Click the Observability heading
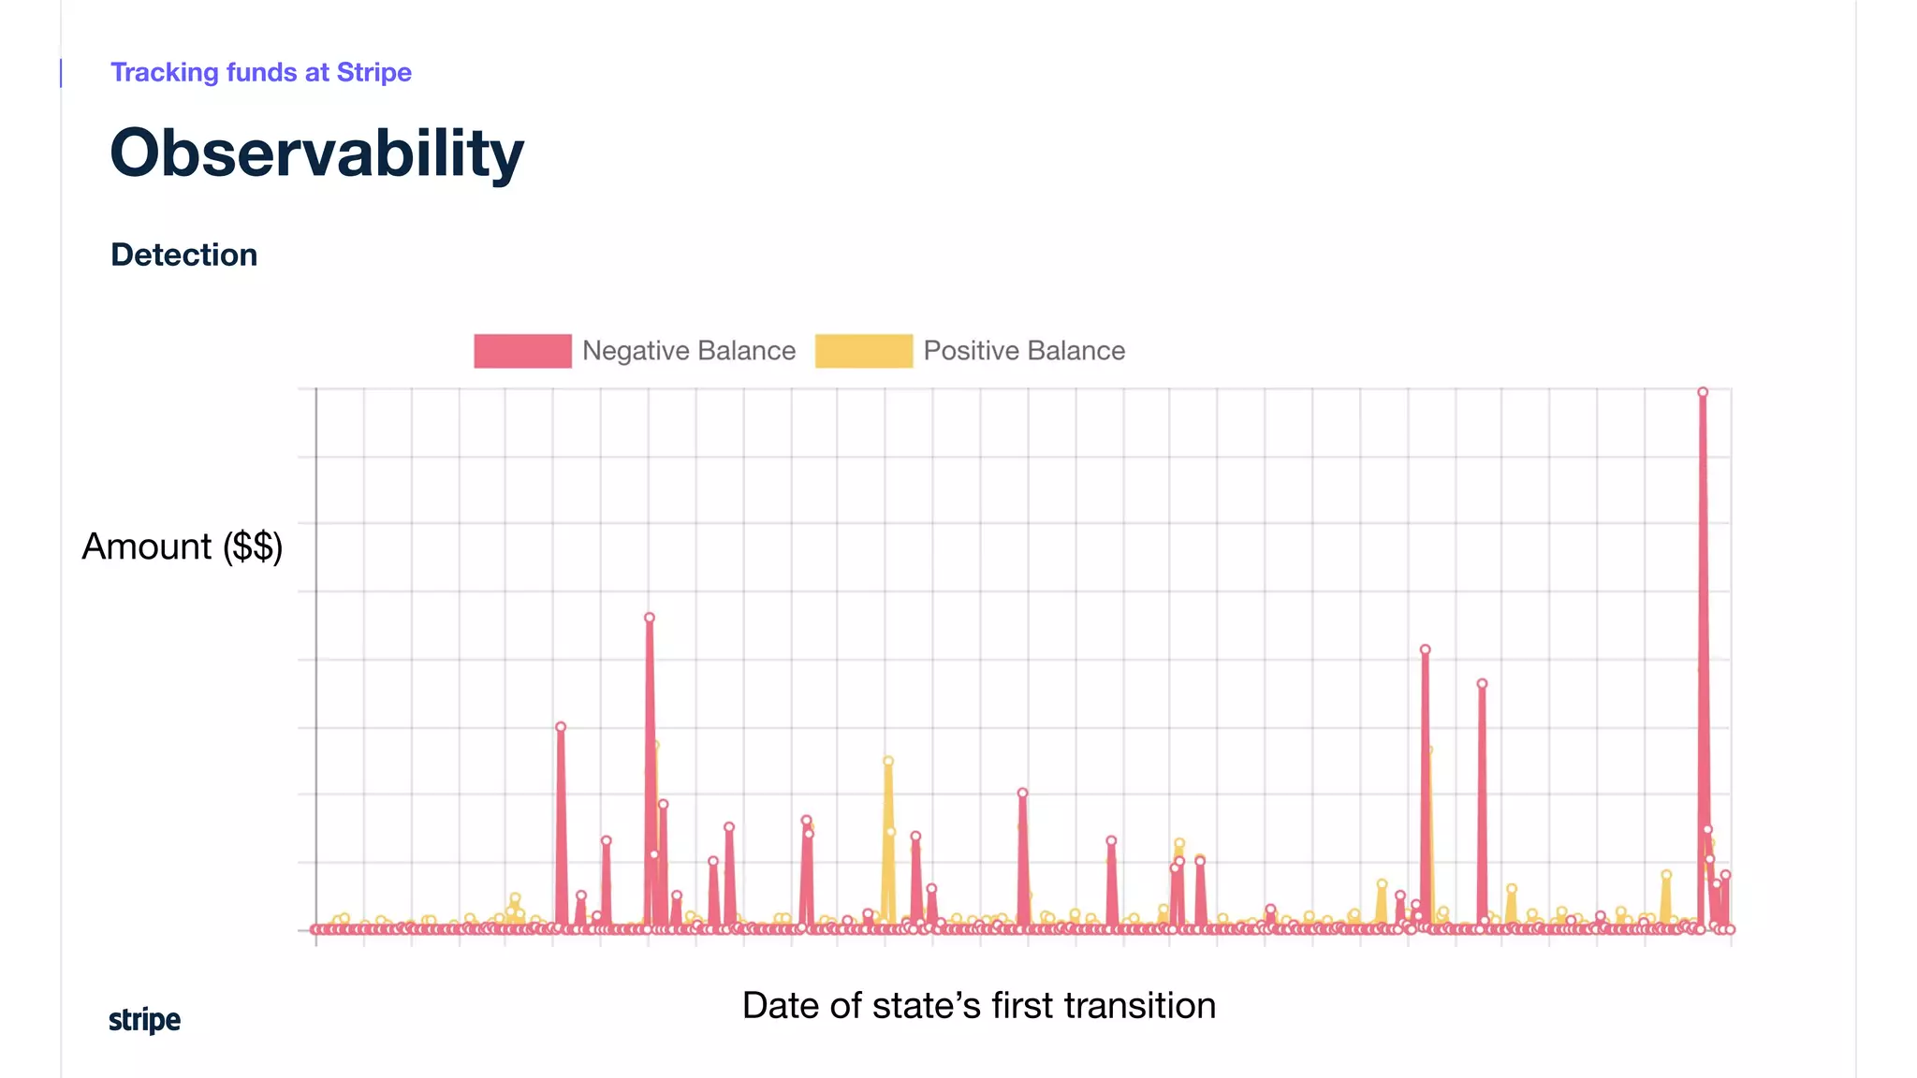point(316,153)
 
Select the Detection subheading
point(183,255)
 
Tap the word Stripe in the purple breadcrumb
point(373,72)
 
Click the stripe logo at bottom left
point(144,1019)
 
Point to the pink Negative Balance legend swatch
point(522,351)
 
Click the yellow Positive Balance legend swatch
point(863,351)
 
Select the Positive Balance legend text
point(1024,351)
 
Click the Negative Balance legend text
point(688,351)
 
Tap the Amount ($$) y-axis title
point(183,546)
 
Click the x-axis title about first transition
point(978,1006)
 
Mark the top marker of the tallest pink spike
point(1703,393)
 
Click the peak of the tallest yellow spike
point(888,762)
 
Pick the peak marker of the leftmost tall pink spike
point(561,727)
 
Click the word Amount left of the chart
point(147,546)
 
